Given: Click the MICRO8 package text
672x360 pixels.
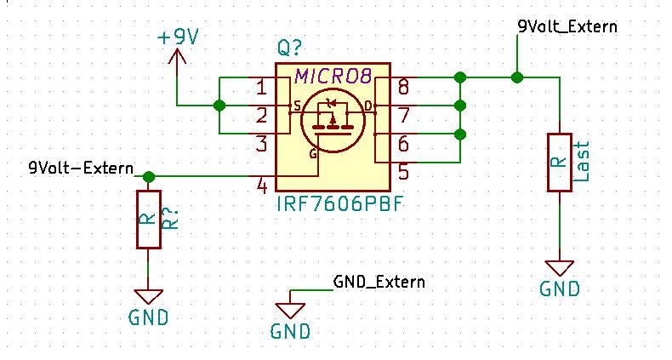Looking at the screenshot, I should (333, 77).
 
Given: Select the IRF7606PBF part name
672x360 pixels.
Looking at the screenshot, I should (339, 205).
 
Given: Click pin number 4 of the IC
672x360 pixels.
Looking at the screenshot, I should (262, 186).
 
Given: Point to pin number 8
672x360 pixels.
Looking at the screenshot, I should (403, 87).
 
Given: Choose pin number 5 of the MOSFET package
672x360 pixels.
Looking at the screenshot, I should (403, 172).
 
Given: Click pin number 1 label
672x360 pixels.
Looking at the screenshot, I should (262, 87).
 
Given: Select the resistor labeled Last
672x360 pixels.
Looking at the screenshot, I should (559, 163).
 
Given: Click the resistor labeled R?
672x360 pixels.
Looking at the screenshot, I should (148, 219).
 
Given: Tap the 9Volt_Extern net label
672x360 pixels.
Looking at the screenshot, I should (567, 26).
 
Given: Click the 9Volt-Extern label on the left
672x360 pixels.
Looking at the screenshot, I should (81, 168).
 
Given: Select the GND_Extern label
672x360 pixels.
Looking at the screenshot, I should (379, 281).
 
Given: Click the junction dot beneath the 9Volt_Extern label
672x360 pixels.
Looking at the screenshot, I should (516, 77).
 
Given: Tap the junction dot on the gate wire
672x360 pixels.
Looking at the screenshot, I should (149, 177).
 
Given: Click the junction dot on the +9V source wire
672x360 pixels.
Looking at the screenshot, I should (219, 106).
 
